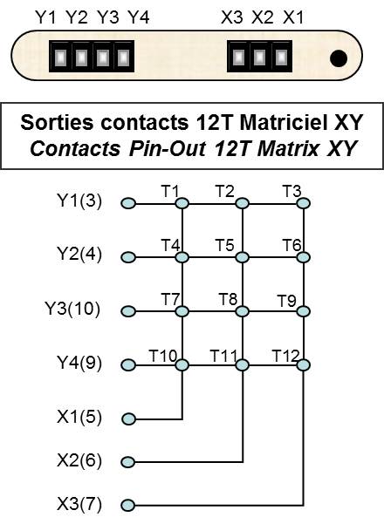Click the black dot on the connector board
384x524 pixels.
[x=338, y=58]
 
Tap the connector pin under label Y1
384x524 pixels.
[x=60, y=58]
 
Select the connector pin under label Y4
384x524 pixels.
[x=123, y=58]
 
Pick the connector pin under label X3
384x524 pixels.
[x=238, y=58]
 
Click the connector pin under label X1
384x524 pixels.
[x=281, y=58]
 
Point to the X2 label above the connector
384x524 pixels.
[x=262, y=17]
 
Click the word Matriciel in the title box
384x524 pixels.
[x=284, y=122]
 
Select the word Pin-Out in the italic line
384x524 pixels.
[x=167, y=148]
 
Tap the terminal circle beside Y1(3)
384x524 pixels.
[x=128, y=203]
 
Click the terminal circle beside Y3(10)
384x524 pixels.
[x=128, y=311]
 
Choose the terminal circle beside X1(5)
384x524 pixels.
[x=128, y=419]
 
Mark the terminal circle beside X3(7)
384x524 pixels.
[x=128, y=505]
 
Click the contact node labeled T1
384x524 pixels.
[x=182, y=203]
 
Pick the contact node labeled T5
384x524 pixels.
[x=243, y=257]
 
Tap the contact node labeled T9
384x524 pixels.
[x=304, y=311]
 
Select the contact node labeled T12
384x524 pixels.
[x=304, y=365]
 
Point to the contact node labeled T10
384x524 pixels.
[x=182, y=365]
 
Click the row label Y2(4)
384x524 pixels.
[x=79, y=254]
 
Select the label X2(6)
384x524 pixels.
[x=79, y=460]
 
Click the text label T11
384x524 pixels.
[x=223, y=356]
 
